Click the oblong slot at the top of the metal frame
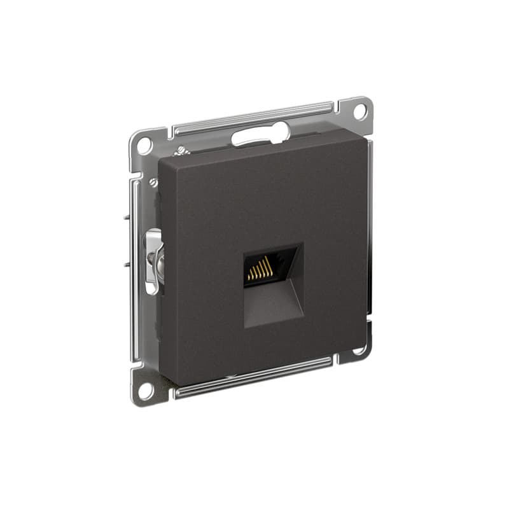click(260, 135)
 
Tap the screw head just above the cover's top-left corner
click(180, 151)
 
